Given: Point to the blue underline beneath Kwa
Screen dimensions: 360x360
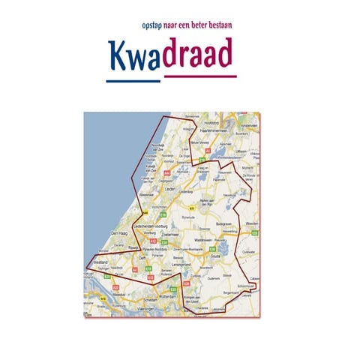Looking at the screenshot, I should tap(133, 80).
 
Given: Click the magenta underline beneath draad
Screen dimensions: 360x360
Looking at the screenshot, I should tap(199, 76).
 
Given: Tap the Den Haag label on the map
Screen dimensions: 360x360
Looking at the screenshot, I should tap(119, 235).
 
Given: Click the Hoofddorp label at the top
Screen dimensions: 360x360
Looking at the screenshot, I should tap(211, 121).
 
